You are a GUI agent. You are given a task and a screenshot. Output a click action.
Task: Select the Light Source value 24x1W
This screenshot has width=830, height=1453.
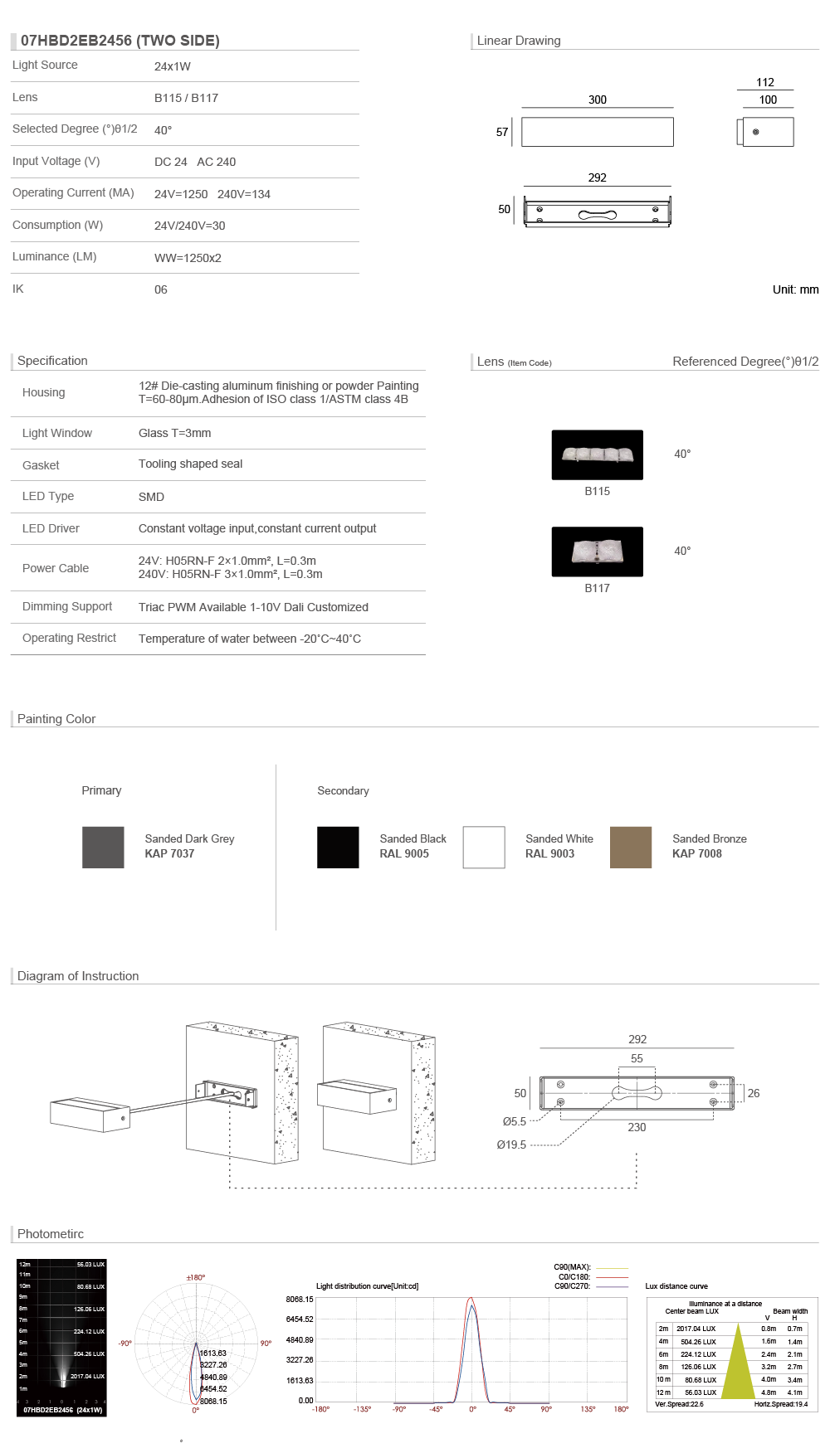click(x=173, y=66)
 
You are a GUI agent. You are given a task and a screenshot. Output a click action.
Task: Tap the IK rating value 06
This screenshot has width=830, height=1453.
click(x=161, y=289)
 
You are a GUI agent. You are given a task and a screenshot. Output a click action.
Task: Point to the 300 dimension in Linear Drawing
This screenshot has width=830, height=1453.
click(x=598, y=100)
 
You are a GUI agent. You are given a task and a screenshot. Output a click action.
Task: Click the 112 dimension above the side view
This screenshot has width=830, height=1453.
click(x=765, y=82)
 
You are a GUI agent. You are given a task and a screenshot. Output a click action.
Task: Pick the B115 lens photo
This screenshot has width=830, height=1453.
click(x=598, y=454)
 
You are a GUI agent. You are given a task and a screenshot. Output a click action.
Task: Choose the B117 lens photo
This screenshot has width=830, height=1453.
click(x=598, y=552)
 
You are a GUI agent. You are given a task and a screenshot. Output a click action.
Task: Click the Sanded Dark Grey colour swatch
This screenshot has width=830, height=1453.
click(x=103, y=847)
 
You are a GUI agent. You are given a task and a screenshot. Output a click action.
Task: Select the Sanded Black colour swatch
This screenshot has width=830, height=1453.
click(x=338, y=847)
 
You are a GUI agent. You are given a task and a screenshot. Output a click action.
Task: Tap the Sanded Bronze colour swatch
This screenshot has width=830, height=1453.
click(x=631, y=847)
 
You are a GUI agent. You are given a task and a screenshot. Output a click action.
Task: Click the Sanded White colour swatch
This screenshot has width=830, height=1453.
click(x=484, y=847)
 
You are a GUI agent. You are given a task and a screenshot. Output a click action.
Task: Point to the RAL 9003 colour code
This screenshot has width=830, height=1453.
click(x=549, y=853)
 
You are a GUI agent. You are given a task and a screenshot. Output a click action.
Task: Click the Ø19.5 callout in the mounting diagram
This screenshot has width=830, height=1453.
click(x=511, y=1144)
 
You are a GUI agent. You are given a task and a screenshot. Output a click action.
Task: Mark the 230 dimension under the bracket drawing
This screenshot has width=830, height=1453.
click(x=637, y=1127)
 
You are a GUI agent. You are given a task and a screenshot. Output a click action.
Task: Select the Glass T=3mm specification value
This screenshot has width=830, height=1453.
click(x=174, y=433)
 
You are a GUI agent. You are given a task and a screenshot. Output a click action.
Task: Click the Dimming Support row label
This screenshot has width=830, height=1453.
click(x=67, y=606)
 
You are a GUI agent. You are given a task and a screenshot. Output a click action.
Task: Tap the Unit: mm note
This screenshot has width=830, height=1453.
click(x=795, y=289)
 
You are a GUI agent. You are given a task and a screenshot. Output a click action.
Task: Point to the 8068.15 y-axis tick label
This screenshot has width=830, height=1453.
click(x=300, y=1300)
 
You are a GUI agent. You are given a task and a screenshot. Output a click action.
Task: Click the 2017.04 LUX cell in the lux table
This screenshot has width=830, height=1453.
click(x=696, y=1329)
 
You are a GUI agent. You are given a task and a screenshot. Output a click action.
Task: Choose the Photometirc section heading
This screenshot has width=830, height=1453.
click(x=51, y=1234)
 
